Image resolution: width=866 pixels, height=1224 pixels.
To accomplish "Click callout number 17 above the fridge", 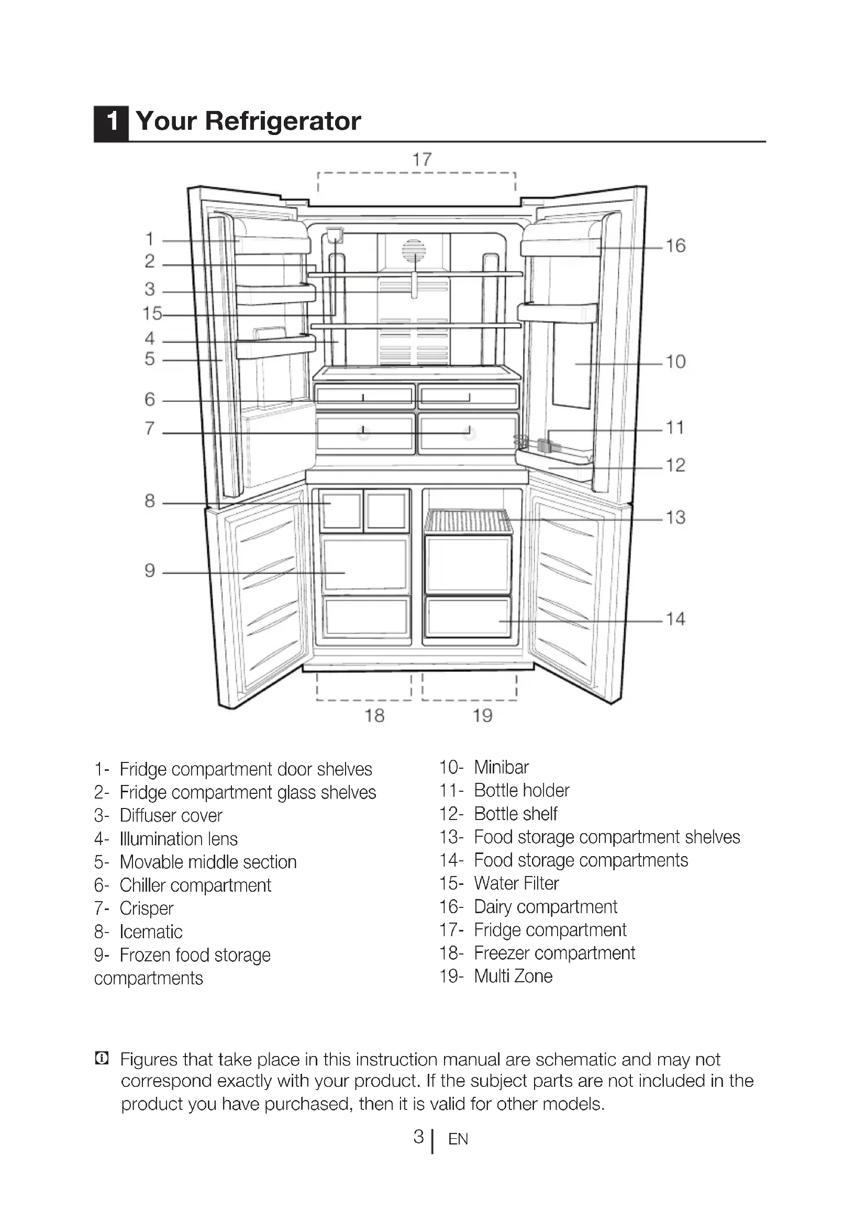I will (x=422, y=159).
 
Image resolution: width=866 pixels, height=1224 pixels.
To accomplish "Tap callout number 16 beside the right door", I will (x=675, y=246).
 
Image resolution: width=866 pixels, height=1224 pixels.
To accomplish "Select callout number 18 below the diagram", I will (x=374, y=715).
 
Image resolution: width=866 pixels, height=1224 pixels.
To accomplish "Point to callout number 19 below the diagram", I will (x=483, y=715).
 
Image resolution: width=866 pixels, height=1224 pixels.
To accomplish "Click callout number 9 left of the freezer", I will (x=150, y=571).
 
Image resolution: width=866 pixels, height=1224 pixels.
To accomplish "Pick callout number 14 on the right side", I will (x=675, y=619).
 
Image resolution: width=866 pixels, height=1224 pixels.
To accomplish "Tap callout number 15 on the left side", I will (x=152, y=313).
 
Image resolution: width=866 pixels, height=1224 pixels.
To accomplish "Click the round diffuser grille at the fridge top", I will (x=414, y=251).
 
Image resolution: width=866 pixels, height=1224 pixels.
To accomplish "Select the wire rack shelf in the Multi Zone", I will (x=468, y=521).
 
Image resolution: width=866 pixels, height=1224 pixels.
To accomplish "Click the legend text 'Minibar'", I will (x=501, y=767).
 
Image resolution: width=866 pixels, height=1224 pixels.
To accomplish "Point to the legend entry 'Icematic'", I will (x=151, y=932).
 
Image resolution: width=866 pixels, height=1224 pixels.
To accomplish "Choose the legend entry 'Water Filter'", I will (x=516, y=883).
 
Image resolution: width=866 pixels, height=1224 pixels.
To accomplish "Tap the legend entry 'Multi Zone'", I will (x=513, y=976).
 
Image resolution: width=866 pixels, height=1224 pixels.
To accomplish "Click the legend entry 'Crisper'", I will (x=147, y=908).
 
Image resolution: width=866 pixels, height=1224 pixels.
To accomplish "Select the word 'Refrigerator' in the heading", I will (x=283, y=121).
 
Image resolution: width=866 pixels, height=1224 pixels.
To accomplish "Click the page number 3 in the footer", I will (x=419, y=1137).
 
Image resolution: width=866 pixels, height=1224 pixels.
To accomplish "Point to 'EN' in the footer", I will (x=458, y=1139).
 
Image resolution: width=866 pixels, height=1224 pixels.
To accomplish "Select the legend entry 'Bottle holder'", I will (x=521, y=790).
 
